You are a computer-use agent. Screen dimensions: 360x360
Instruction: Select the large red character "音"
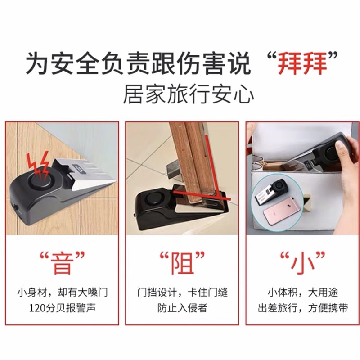62,263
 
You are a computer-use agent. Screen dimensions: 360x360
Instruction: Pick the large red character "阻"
182,263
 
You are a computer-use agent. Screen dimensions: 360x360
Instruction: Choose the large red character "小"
302,263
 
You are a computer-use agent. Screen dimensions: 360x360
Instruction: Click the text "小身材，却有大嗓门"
62,293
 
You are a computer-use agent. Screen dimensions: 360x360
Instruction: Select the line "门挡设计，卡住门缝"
182,293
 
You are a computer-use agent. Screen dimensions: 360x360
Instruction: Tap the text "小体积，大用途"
302,293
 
